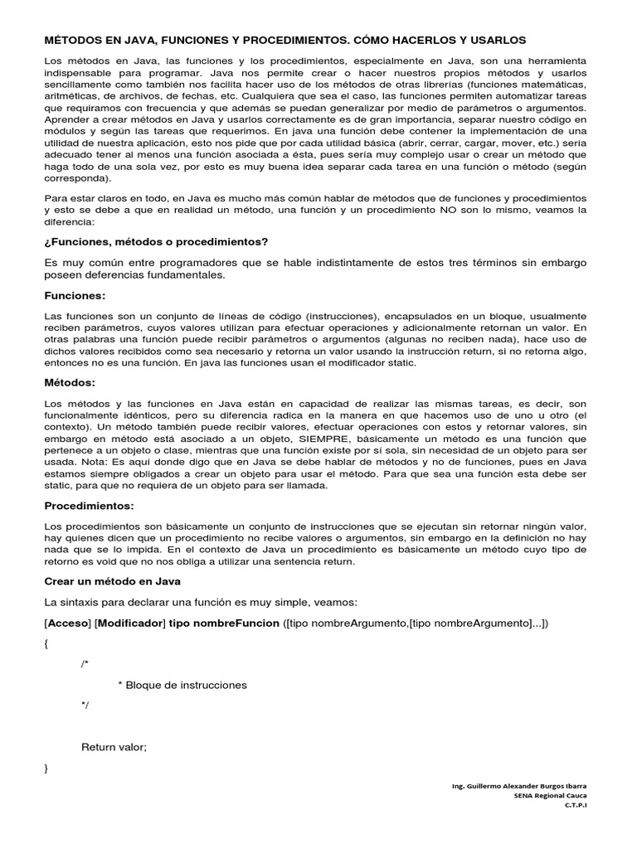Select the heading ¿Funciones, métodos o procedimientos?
point(156,241)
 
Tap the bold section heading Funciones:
point(75,295)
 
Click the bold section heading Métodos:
point(70,382)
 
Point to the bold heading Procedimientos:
point(89,505)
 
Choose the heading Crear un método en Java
point(112,581)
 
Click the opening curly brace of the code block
point(46,643)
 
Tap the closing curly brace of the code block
point(46,769)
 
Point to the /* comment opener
point(85,664)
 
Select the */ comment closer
point(85,706)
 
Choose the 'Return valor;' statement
point(114,747)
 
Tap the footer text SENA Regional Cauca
point(552,794)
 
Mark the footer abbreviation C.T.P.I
point(576,804)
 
